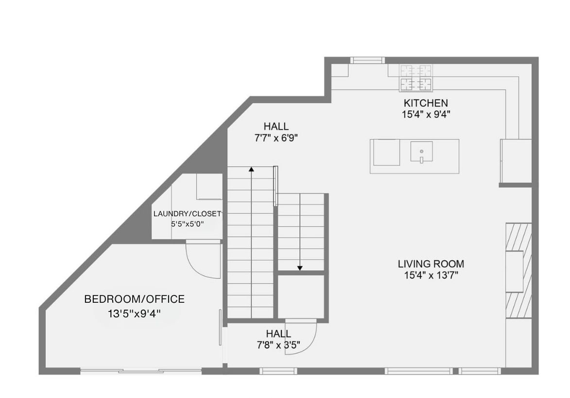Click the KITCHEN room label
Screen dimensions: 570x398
coord(426,103)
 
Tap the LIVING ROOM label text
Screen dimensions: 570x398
coord(431,264)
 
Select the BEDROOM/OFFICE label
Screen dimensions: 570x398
coord(135,299)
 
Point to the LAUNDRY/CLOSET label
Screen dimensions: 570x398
coord(187,214)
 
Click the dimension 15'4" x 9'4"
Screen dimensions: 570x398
coord(426,115)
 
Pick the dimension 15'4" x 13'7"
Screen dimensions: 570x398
coord(431,276)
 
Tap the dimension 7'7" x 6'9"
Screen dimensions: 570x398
coord(276,138)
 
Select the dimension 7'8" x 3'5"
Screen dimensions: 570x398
coord(278,345)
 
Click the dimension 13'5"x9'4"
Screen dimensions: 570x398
coord(135,313)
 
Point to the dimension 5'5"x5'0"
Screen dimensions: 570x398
coord(187,224)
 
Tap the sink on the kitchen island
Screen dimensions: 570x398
coord(422,151)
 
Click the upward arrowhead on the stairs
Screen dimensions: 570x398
coord(251,169)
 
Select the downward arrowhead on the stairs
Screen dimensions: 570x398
coord(300,268)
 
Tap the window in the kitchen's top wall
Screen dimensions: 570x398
coord(367,60)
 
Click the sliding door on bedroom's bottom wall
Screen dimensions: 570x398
coord(141,371)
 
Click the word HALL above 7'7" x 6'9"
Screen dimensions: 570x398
coord(276,126)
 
